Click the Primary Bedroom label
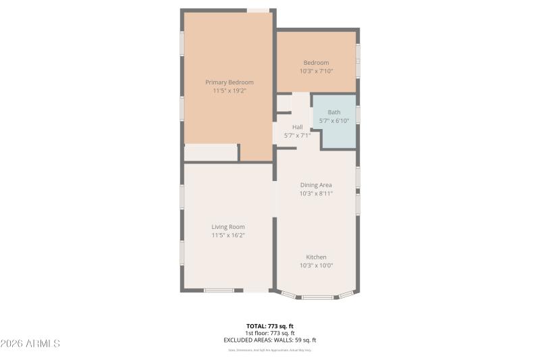[230, 82]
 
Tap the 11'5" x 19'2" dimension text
[230, 91]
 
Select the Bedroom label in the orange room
[316, 63]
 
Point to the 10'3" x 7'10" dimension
[316, 71]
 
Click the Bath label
[334, 113]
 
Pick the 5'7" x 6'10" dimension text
[334, 121]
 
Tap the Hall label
[298, 127]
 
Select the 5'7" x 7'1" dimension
[298, 135]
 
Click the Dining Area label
[316, 185]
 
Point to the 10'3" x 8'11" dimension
[316, 193]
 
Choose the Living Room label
[228, 227]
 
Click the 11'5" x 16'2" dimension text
[228, 235]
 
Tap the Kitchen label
[316, 257]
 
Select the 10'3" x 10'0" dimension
[316, 265]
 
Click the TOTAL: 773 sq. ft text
[270, 326]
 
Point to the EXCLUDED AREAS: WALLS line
[270, 340]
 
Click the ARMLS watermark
[30, 344]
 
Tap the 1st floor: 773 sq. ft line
[270, 333]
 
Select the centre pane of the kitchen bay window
[317, 297]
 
